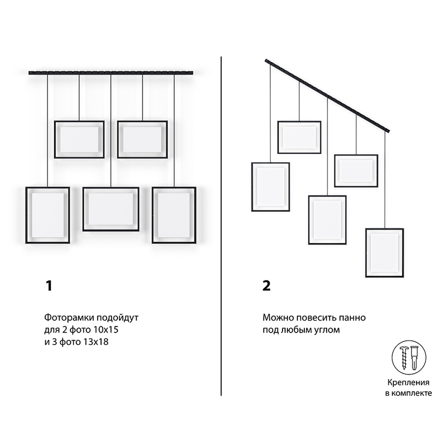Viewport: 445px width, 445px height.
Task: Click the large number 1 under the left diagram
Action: pos(49,286)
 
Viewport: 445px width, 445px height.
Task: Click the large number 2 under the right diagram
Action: pos(267,286)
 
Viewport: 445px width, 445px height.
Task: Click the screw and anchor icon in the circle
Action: pos(409,358)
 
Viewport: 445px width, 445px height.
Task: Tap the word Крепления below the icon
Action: pos(409,383)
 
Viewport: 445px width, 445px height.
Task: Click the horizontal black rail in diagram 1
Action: pos(111,73)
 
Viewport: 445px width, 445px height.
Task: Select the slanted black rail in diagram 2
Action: pos(328,96)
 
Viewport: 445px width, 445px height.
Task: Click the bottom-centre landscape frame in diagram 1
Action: pos(111,188)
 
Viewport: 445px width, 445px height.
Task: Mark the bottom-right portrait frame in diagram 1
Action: pos(174,188)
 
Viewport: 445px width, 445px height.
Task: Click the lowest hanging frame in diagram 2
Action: pos(384,229)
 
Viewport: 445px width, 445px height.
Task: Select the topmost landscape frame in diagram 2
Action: pos(299,122)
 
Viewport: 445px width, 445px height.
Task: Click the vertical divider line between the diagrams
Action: pos(221,226)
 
